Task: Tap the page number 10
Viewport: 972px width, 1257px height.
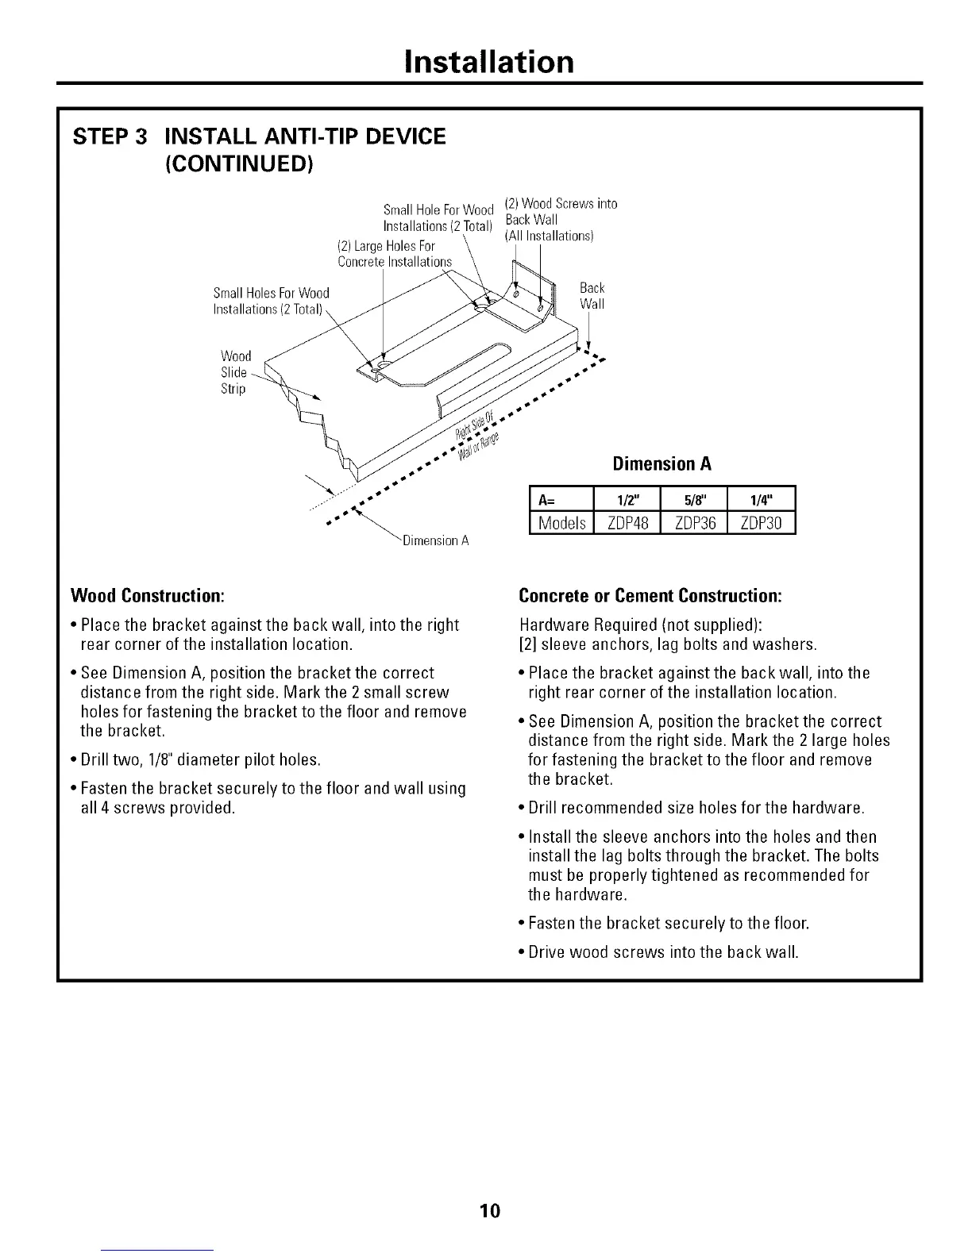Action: [489, 1210]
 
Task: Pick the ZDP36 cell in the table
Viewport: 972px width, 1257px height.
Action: [694, 523]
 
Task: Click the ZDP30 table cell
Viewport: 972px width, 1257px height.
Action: [761, 523]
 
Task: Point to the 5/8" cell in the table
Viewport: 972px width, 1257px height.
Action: [694, 500]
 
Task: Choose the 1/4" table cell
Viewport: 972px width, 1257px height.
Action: [761, 500]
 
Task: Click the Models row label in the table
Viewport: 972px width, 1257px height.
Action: [562, 523]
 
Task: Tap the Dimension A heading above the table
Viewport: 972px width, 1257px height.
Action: [661, 464]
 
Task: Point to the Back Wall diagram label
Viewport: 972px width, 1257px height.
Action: [592, 296]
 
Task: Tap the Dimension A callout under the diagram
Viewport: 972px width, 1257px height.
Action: [436, 541]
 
